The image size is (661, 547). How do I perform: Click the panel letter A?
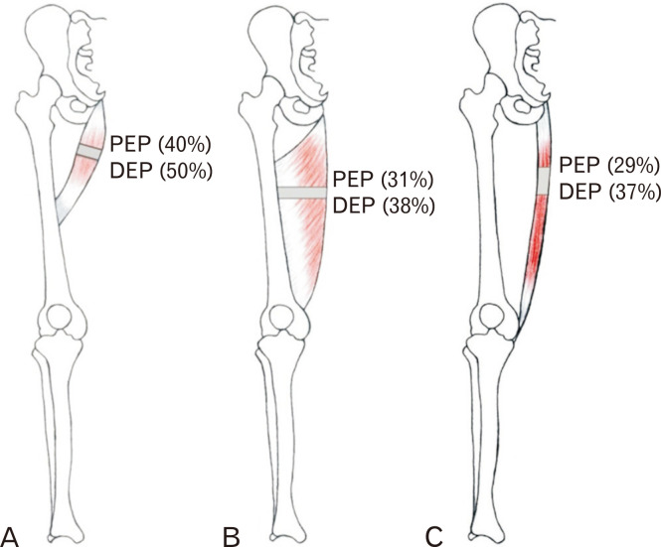click(x=11, y=536)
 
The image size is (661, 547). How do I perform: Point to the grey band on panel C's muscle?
click(x=544, y=175)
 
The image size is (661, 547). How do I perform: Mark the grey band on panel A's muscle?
click(x=90, y=151)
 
